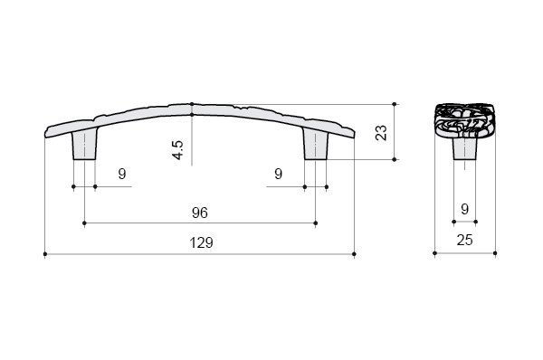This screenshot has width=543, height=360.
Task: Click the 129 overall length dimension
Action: pos(201,243)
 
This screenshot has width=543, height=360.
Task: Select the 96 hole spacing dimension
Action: pos(200,213)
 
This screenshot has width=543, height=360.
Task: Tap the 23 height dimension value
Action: pos(381,133)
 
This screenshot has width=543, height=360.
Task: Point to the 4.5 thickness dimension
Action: pos(178,150)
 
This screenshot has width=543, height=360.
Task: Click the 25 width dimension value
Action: pos(465,240)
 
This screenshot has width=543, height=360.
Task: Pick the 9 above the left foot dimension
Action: pos(122,174)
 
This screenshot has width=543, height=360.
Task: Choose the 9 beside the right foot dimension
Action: pos(279,174)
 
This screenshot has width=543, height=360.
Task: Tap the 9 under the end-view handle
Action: pos(465,209)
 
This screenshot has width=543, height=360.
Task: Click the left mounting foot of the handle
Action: pos(84,146)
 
